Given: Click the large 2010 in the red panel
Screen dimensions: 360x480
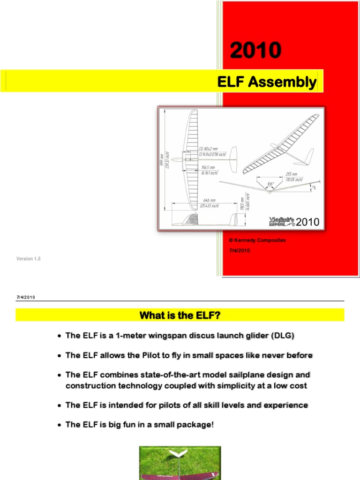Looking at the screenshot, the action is click(x=255, y=51).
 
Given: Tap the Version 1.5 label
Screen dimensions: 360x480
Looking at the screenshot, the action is click(x=29, y=258).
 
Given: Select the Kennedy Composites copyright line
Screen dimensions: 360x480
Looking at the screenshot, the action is click(x=257, y=240).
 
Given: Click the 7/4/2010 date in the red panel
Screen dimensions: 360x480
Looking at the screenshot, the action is click(x=240, y=250).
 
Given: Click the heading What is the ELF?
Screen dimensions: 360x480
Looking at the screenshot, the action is click(x=180, y=315).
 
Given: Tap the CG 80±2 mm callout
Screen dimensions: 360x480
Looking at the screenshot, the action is click(x=209, y=149).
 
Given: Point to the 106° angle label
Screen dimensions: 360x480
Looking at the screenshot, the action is click(x=270, y=183).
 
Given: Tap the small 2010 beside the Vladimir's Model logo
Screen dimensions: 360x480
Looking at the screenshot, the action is click(x=307, y=222).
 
